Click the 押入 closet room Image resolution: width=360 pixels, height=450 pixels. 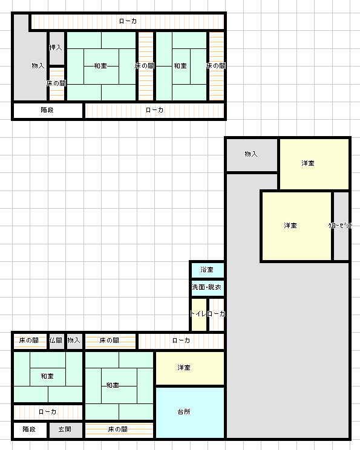(57, 48)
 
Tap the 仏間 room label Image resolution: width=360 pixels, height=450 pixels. (56, 341)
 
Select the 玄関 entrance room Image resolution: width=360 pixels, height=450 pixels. (66, 429)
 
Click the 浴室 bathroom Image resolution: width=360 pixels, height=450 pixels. (208, 270)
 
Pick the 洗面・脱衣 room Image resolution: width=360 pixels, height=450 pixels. (208, 287)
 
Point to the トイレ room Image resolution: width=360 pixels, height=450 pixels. (198, 315)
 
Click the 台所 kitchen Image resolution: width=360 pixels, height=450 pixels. (190, 412)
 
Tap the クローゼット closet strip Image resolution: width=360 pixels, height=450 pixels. (341, 226)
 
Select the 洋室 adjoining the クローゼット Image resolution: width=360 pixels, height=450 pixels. (296, 226)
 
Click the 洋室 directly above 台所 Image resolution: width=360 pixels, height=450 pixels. (190, 368)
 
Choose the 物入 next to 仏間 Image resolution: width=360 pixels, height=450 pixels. (74, 341)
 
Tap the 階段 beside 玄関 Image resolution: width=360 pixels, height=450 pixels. (30, 429)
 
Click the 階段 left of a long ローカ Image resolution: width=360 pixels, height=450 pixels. (48, 110)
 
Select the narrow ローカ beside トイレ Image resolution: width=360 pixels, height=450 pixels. (217, 315)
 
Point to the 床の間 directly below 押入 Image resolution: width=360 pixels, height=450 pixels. (57, 84)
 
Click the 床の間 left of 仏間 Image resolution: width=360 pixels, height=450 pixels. (30, 341)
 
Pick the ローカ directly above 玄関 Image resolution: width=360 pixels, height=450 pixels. (48, 412)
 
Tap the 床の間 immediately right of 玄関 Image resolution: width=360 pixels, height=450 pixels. (119, 429)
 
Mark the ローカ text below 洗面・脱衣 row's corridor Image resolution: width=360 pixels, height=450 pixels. (181, 341)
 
